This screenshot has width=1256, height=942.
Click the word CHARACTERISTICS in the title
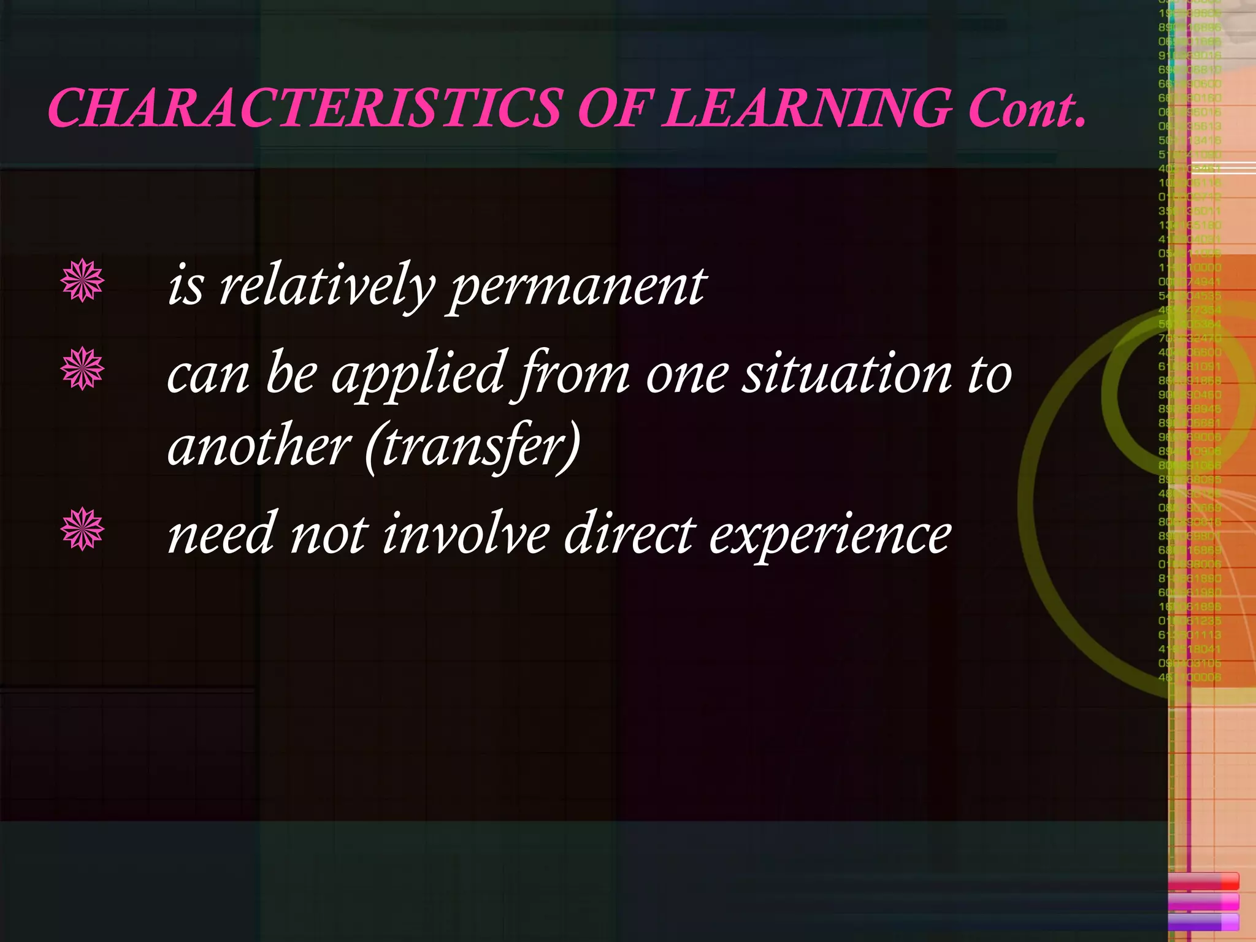coord(304,109)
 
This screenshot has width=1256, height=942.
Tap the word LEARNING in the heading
coord(808,109)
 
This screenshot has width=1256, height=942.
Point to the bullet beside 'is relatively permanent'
coord(82,281)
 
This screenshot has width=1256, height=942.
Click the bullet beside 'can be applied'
coord(82,369)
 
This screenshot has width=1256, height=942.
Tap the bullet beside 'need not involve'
coord(82,529)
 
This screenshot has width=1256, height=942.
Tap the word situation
coord(847,373)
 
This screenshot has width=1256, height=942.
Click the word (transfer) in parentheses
coord(472,446)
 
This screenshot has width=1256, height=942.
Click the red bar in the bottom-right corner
coord(1203,882)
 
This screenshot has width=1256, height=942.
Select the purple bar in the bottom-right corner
coord(1203,922)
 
